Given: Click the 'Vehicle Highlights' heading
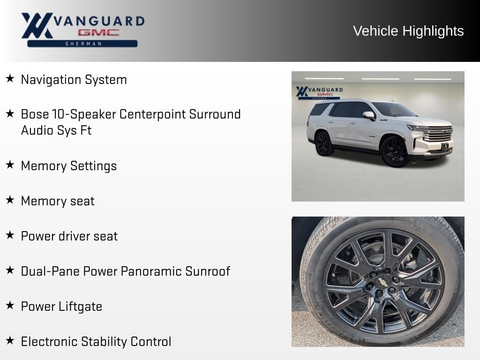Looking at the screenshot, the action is tap(408, 31).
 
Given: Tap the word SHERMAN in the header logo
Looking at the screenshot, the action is tap(83, 44).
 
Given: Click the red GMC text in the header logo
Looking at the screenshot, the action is tap(98, 32).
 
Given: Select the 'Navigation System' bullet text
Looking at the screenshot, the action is tap(74, 80).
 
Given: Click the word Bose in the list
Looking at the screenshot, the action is tap(35, 114).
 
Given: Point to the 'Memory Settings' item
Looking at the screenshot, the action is tap(69, 166).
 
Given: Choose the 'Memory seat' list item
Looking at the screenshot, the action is tap(58, 201).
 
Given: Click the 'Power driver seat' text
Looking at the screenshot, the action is tap(69, 236).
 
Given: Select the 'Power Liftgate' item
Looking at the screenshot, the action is tap(61, 307).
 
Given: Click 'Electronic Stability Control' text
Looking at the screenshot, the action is tap(96, 342).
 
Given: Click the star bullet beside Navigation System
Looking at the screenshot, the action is tap(10, 78).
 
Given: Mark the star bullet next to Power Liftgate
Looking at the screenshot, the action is tap(10, 305).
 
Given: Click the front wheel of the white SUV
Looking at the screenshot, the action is tap(394, 152).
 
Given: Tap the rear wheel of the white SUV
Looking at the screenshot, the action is tap(323, 143).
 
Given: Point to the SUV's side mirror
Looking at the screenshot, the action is tap(369, 115).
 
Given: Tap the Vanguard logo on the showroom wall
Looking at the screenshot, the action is tap(319, 93).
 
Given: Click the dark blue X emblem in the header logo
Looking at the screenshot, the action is tap(37, 25).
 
